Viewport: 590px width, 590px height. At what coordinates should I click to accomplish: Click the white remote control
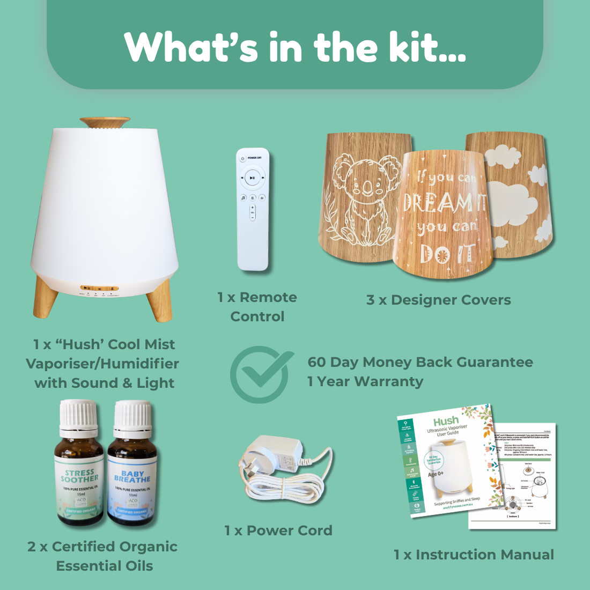pos(253,209)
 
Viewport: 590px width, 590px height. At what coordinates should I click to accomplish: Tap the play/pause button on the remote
pos(253,178)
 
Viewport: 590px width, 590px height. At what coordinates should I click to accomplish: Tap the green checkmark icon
pos(262,374)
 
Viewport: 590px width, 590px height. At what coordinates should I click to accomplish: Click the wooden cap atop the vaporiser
pos(105,122)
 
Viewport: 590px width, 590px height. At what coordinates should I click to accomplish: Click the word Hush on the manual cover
pos(446,421)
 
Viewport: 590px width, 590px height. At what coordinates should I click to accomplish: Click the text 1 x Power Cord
pos(278,530)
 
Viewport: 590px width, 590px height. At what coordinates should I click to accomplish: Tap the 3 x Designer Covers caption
pos(438,300)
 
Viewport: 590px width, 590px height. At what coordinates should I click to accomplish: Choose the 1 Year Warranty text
pos(365,381)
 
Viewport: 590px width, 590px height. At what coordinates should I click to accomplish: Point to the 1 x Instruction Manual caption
pos(474,555)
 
